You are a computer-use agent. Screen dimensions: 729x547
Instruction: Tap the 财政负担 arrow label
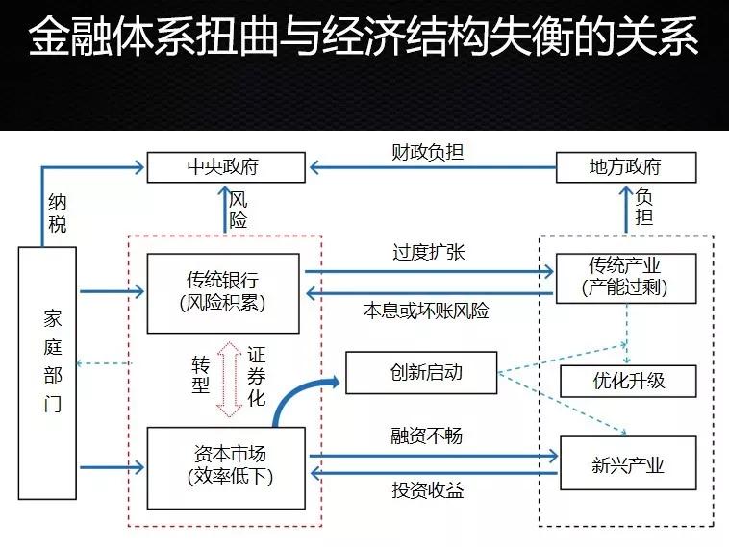[427, 152]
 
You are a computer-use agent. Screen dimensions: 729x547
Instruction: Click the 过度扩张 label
[429, 252]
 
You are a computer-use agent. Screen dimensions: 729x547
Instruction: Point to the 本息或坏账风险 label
[426, 311]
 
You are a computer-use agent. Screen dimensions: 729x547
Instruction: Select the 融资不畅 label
[426, 435]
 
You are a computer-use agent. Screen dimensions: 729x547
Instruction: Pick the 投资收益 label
[428, 490]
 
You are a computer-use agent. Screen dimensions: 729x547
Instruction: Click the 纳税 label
[58, 213]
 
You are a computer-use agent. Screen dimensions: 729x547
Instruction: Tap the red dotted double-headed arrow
[229, 379]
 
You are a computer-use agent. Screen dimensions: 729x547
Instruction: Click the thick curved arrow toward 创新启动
[297, 394]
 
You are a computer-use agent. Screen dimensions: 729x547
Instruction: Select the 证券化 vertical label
[256, 377]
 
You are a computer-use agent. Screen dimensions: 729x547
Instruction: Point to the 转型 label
[201, 375]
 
